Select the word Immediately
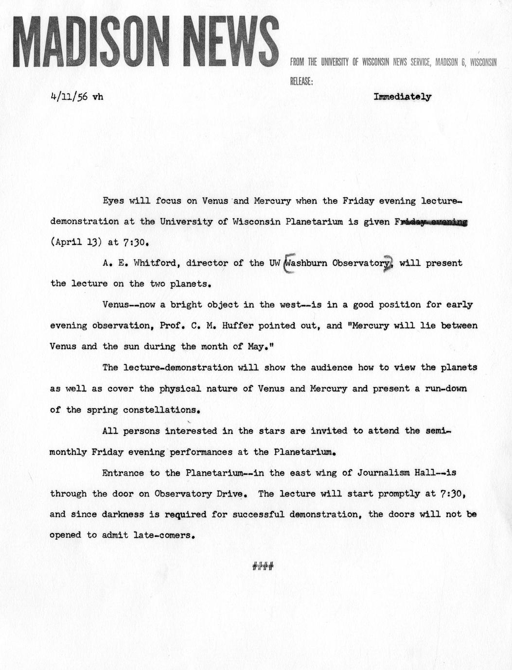coord(402,96)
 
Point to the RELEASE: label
coord(301,81)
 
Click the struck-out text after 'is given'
coord(432,222)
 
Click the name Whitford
coord(155,263)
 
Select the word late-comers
coord(163,535)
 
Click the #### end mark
coord(263,566)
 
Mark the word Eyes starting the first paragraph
coord(113,201)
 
